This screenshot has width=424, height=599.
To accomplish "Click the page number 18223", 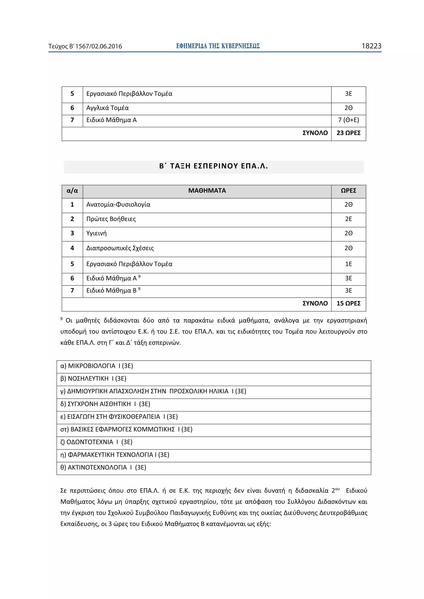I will [x=371, y=46].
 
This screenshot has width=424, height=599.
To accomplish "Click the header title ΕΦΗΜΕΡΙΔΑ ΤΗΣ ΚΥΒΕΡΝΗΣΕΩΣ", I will [x=218, y=46].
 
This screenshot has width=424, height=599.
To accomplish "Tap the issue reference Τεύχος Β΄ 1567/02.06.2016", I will [x=85, y=47].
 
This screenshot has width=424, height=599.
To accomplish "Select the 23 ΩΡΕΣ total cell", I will [x=348, y=133].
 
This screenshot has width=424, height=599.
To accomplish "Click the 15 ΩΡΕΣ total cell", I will [x=348, y=303].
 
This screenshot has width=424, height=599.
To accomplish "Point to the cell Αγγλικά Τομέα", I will [x=107, y=108].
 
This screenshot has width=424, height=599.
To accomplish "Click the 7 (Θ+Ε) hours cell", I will [x=348, y=120].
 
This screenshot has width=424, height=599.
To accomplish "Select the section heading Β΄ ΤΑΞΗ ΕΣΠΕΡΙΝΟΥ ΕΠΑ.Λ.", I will [x=213, y=166].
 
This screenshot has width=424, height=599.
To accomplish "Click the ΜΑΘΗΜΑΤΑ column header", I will [x=207, y=191].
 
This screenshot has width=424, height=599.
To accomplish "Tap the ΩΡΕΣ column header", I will [x=348, y=191].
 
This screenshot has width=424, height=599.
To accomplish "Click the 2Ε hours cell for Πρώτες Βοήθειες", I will [x=348, y=219].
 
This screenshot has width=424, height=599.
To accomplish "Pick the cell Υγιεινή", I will [x=96, y=233].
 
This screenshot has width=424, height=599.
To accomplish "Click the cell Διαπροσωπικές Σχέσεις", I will [x=120, y=248].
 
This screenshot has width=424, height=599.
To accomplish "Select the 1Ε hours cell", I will [x=348, y=264].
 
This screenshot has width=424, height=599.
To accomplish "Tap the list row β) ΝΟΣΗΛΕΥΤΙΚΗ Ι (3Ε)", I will [x=93, y=379].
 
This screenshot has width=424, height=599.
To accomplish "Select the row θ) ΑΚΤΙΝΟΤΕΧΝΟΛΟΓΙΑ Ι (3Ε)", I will [x=103, y=467].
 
